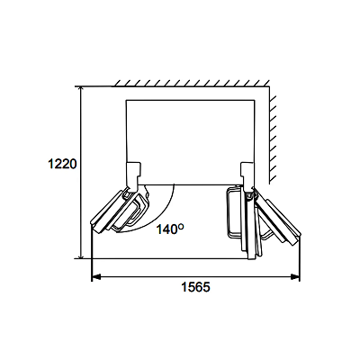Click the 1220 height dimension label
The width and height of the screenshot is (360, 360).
pos(63,164)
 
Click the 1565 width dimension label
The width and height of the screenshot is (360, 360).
pos(195,287)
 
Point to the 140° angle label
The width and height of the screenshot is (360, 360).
pos(170,229)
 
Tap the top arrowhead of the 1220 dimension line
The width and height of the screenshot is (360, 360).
pos(80,90)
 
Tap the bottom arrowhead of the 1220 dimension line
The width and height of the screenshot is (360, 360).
pos(80,255)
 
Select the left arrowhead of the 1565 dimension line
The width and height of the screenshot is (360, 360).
pos(95,277)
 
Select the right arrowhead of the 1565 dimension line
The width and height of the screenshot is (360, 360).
pos(295,277)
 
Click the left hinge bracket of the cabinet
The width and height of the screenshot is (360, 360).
pos(133,176)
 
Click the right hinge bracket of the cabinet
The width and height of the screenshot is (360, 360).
pos(248,176)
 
